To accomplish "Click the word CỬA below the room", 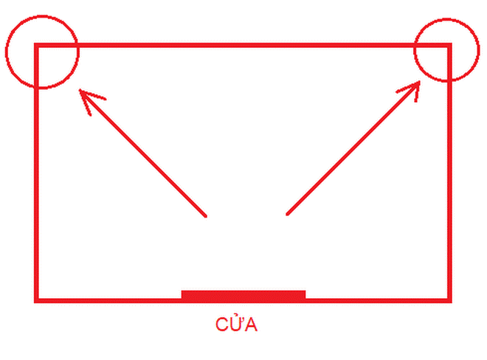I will click(236, 325).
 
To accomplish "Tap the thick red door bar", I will click(243, 296).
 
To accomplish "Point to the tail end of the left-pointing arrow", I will click(205, 216).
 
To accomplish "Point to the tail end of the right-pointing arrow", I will click(287, 215).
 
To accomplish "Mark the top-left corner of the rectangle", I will click(36, 46).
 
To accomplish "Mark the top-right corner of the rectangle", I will click(449, 46).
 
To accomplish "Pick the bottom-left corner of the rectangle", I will click(36, 300).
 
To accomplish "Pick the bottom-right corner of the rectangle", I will click(449, 300).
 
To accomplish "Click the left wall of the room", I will click(36, 184).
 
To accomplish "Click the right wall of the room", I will click(449, 184).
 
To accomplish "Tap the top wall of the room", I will click(243, 46).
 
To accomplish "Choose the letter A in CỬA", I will click(251, 325).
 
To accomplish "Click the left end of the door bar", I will click(184, 296).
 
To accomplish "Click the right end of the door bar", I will click(303, 296).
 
